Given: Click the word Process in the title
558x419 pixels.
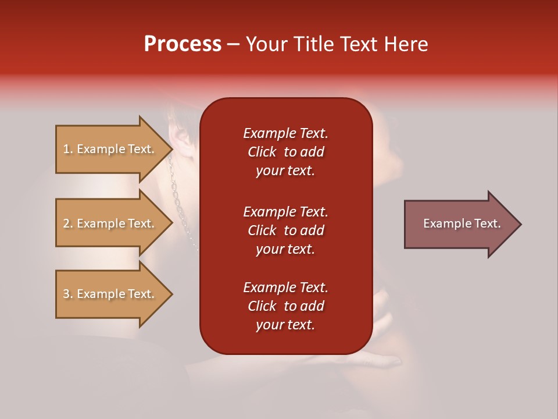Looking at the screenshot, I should click(183, 44).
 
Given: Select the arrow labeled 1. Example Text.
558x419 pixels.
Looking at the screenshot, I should click(110, 149).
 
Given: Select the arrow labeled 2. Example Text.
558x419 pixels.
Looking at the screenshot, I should click(110, 223).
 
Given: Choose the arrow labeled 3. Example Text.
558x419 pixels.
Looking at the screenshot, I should click(110, 294).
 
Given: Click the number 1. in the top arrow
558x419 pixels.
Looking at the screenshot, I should click(68, 149).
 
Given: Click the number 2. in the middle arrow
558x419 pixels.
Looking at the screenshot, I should click(68, 223).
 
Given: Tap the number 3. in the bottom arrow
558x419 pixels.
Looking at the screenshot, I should click(68, 294).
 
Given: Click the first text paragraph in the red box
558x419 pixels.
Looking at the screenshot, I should click(285, 152).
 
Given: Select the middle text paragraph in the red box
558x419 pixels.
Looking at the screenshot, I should click(285, 230).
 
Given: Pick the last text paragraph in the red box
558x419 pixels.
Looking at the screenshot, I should click(285, 306).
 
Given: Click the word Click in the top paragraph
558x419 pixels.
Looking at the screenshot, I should click(262, 152).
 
